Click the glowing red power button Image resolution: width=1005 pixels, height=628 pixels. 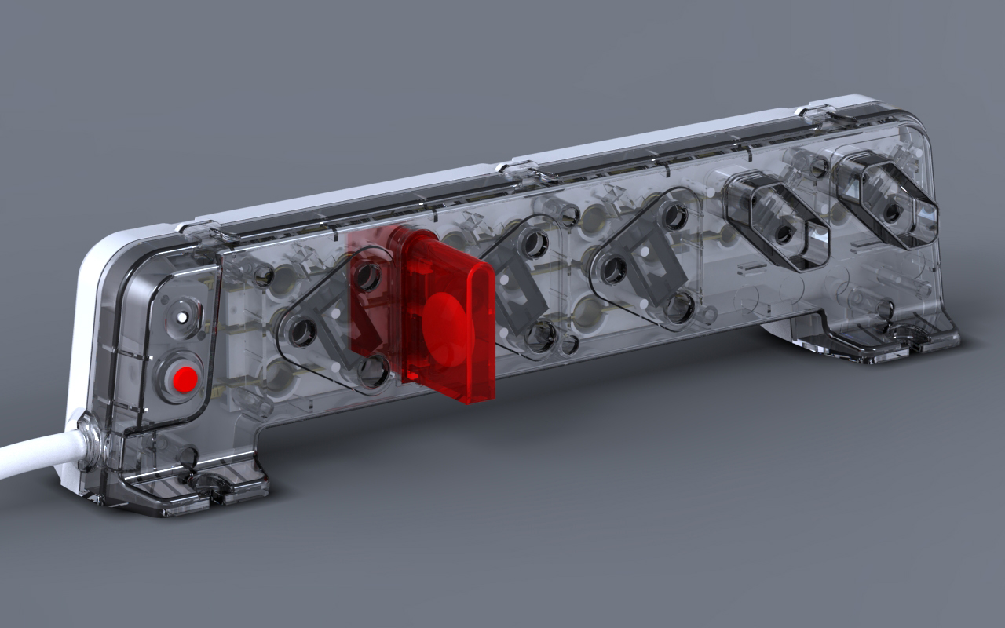[185, 380]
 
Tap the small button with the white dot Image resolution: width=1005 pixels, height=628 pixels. [183, 317]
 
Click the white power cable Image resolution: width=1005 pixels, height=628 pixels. [31, 455]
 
